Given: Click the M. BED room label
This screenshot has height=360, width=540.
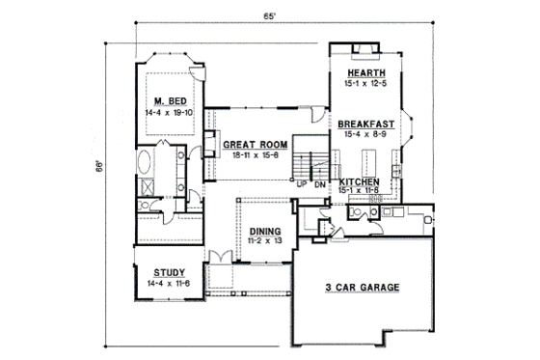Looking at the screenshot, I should [x=169, y=99].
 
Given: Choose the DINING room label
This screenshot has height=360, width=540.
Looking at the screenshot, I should [x=266, y=231].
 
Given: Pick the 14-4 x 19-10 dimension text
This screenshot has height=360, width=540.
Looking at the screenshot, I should [x=169, y=111].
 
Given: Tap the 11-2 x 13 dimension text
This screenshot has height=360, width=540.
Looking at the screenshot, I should [x=266, y=241].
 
